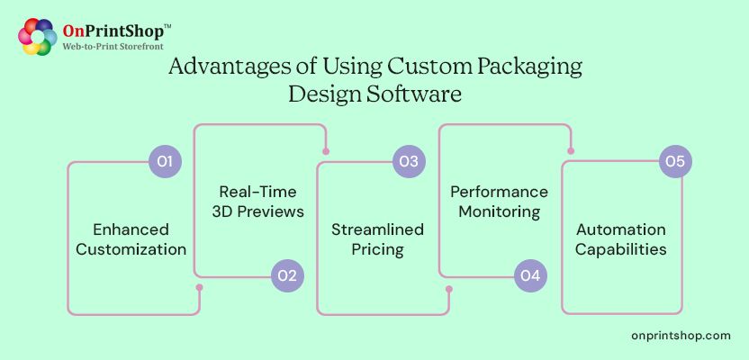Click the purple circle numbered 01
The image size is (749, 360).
tap(165, 162)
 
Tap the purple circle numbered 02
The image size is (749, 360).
tap(287, 276)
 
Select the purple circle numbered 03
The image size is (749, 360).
tap(409, 162)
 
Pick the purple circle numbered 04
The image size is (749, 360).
tap(530, 276)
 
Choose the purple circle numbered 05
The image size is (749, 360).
tap(675, 162)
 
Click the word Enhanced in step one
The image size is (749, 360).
tap(131, 229)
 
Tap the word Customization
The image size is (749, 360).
tap(131, 249)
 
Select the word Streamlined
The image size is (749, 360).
tap(377, 229)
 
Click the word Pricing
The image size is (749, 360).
tap(377, 249)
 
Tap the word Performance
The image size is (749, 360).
tap(499, 192)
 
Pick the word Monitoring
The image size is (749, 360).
tap(499, 212)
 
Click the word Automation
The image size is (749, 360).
tap(621, 229)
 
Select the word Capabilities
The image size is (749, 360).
tap(621, 249)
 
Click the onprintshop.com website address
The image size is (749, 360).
tap(681, 335)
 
